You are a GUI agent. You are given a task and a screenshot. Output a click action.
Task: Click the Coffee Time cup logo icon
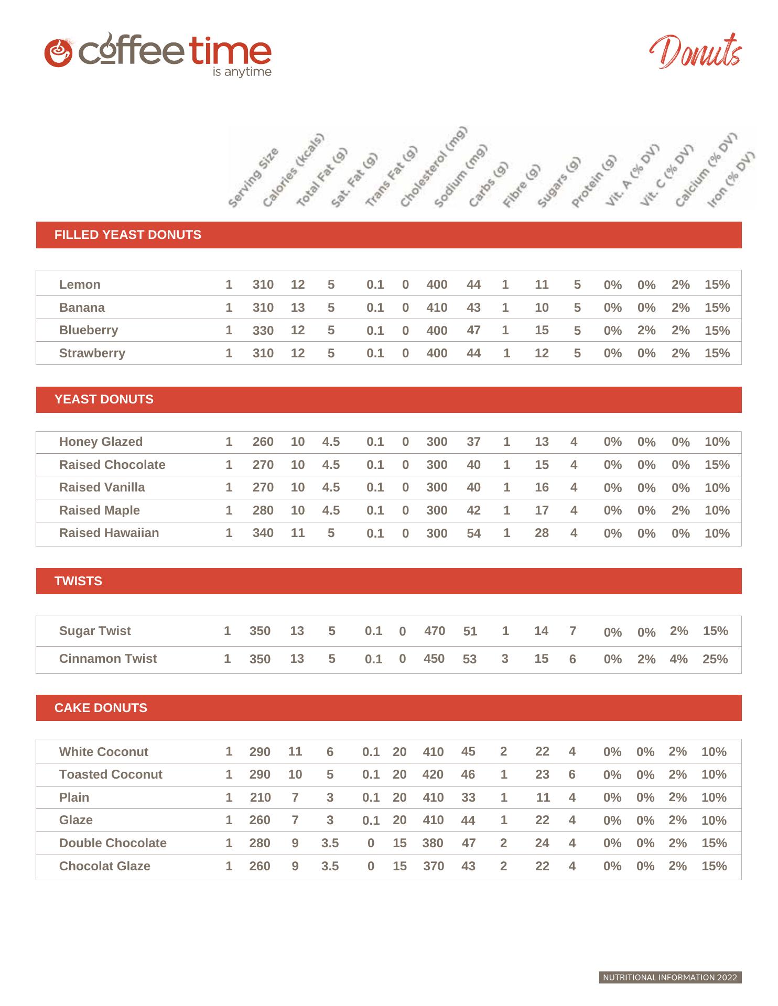(x=58, y=52)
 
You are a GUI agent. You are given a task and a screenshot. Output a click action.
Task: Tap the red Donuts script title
(x=696, y=52)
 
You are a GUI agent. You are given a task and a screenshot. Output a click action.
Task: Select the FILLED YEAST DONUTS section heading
(x=127, y=235)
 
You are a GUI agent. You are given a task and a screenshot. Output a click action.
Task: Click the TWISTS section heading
(x=78, y=581)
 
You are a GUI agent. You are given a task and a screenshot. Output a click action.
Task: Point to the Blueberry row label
(x=89, y=330)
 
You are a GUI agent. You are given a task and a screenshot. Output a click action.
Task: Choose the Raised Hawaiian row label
(x=109, y=533)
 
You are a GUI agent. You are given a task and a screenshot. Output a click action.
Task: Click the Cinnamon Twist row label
(x=108, y=659)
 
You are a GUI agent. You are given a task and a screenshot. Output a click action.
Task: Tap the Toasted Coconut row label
(x=111, y=774)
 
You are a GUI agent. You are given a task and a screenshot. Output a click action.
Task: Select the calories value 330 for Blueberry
(x=263, y=331)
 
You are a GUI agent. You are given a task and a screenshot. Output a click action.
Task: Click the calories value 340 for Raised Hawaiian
(x=263, y=533)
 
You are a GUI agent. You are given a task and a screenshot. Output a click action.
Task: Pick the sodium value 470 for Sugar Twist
(x=435, y=631)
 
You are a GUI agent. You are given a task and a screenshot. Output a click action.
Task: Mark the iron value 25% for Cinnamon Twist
(x=715, y=659)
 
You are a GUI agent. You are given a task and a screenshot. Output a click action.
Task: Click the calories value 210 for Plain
(x=260, y=797)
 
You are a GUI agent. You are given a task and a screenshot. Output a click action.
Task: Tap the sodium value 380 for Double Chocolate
(x=433, y=843)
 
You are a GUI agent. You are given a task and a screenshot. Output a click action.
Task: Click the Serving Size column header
(x=253, y=178)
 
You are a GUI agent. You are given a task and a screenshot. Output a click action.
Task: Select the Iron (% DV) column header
(x=731, y=180)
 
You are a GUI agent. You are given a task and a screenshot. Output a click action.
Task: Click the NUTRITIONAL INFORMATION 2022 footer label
(x=670, y=977)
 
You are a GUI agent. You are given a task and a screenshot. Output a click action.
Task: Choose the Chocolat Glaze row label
(x=105, y=866)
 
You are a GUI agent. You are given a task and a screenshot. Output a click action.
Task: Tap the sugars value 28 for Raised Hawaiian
(x=542, y=533)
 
